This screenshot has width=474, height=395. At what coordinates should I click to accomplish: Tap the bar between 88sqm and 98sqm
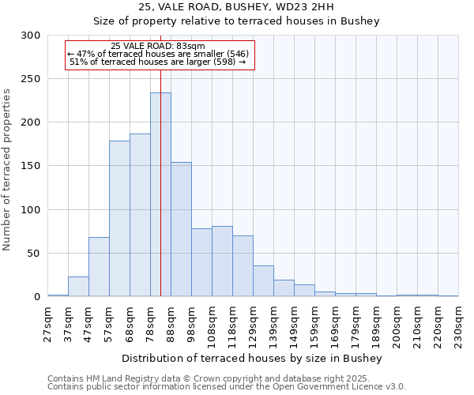[181, 229]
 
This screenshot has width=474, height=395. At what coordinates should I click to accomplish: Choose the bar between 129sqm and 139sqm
[263, 281]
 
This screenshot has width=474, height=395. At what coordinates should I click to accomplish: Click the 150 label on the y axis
[31, 166]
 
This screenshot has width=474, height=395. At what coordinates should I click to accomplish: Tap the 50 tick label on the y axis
[34, 254]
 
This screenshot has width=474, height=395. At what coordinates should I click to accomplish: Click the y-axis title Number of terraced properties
[8, 169]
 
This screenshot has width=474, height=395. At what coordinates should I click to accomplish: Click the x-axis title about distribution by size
[253, 359]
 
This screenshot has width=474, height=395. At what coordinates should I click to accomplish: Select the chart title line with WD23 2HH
[236, 7]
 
